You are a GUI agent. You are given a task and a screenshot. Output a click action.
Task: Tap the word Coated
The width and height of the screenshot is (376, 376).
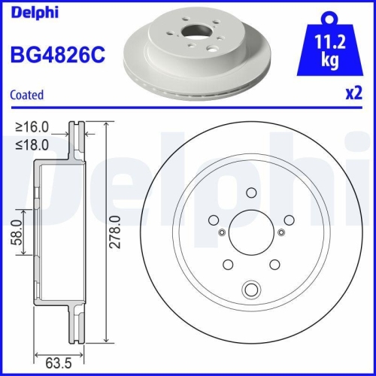26,95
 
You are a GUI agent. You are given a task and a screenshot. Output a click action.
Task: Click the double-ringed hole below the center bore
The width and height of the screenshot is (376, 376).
251,288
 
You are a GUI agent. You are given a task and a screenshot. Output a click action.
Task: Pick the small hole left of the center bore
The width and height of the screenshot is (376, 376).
220,232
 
